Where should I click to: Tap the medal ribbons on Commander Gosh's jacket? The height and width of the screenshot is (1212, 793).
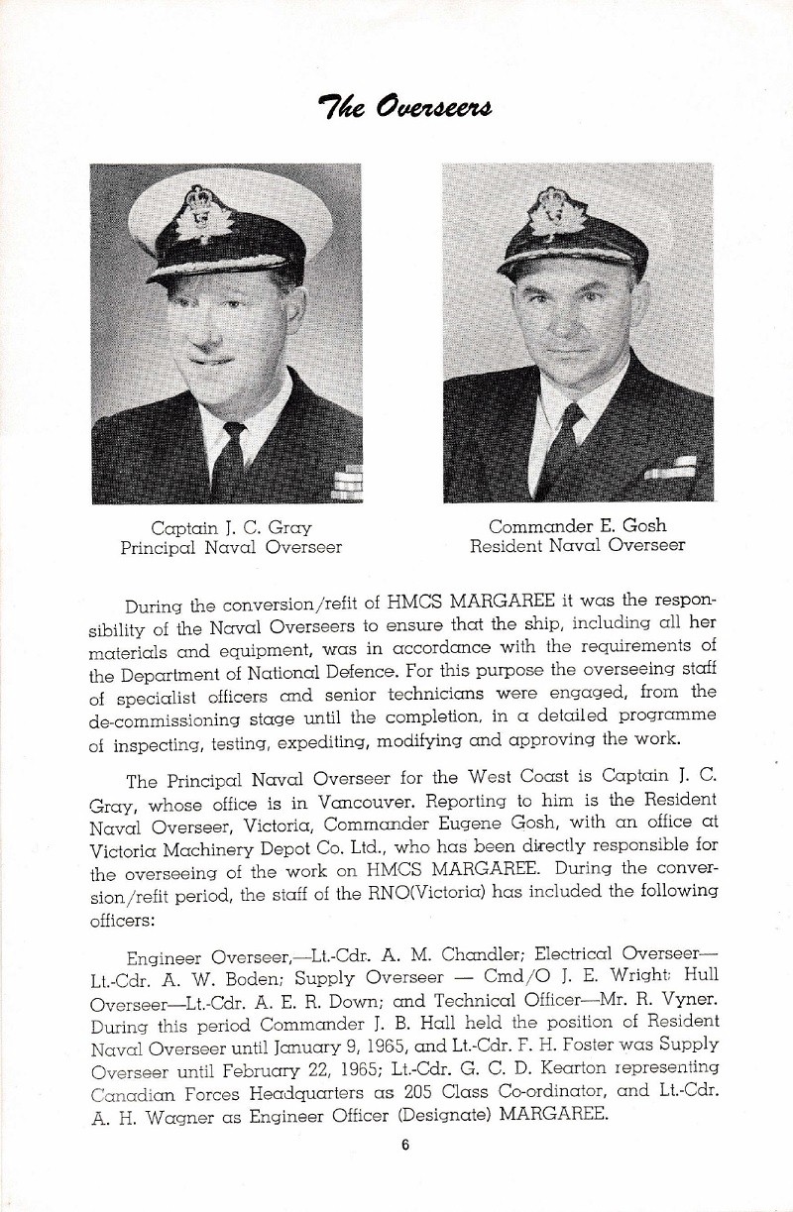point(671,468)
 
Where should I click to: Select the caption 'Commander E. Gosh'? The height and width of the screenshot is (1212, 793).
point(577,525)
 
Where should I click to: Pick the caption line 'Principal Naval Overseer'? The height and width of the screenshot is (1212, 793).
point(231,546)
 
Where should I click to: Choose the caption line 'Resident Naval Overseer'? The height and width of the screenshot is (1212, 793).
point(577,545)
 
